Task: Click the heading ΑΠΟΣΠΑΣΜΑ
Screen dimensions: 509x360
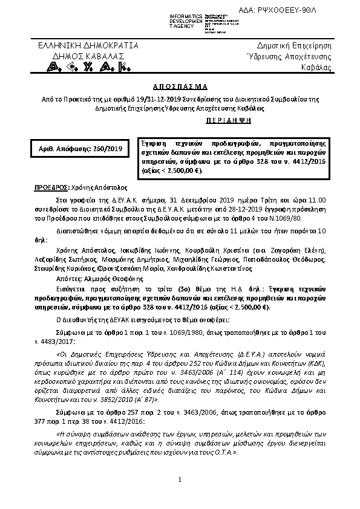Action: coord(179,86)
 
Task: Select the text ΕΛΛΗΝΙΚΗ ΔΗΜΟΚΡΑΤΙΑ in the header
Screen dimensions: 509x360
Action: coord(88,45)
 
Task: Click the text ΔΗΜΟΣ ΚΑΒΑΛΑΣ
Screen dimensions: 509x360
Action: coord(88,56)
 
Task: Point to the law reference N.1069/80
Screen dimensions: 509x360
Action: coord(262,216)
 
